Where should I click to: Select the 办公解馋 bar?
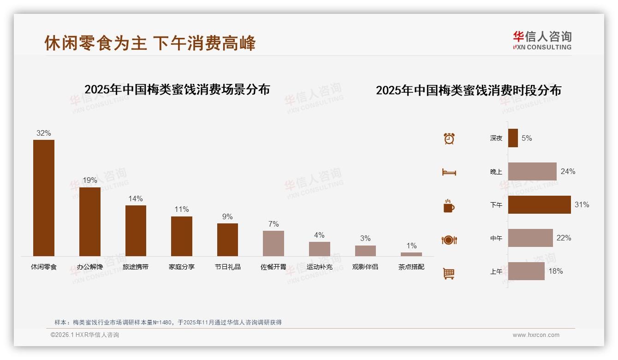90,222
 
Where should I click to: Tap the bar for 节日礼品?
227,240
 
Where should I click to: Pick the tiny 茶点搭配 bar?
411,254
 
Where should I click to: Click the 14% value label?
136,199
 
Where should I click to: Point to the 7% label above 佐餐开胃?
273,224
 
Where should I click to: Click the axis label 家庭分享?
182,267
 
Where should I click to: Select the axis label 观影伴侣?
365,267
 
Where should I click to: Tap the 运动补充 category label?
319,267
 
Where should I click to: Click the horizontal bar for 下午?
539,204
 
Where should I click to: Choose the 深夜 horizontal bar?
513,138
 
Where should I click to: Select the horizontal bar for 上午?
526,271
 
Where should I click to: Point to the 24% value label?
568,171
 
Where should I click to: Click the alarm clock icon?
449,138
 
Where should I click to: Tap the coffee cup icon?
449,206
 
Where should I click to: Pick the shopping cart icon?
449,273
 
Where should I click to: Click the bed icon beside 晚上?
449,172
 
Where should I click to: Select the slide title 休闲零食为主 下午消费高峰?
150,43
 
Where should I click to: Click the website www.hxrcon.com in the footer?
536,335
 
